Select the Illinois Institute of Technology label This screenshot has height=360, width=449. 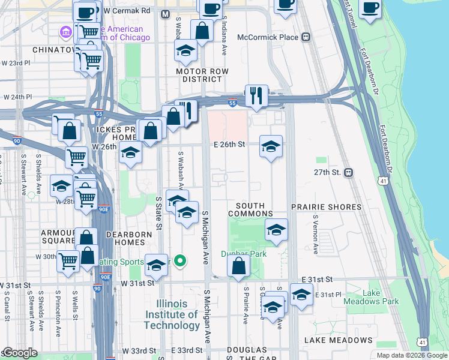[172, 314]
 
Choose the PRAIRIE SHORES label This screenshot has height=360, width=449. [327, 207]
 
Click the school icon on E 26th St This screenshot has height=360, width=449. [271, 146]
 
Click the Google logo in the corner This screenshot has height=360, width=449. [20, 353]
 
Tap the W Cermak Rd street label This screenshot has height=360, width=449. [127, 11]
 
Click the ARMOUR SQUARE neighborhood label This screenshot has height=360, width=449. [57, 237]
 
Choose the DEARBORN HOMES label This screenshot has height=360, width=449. [125, 238]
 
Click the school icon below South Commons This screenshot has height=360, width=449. [276, 229]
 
